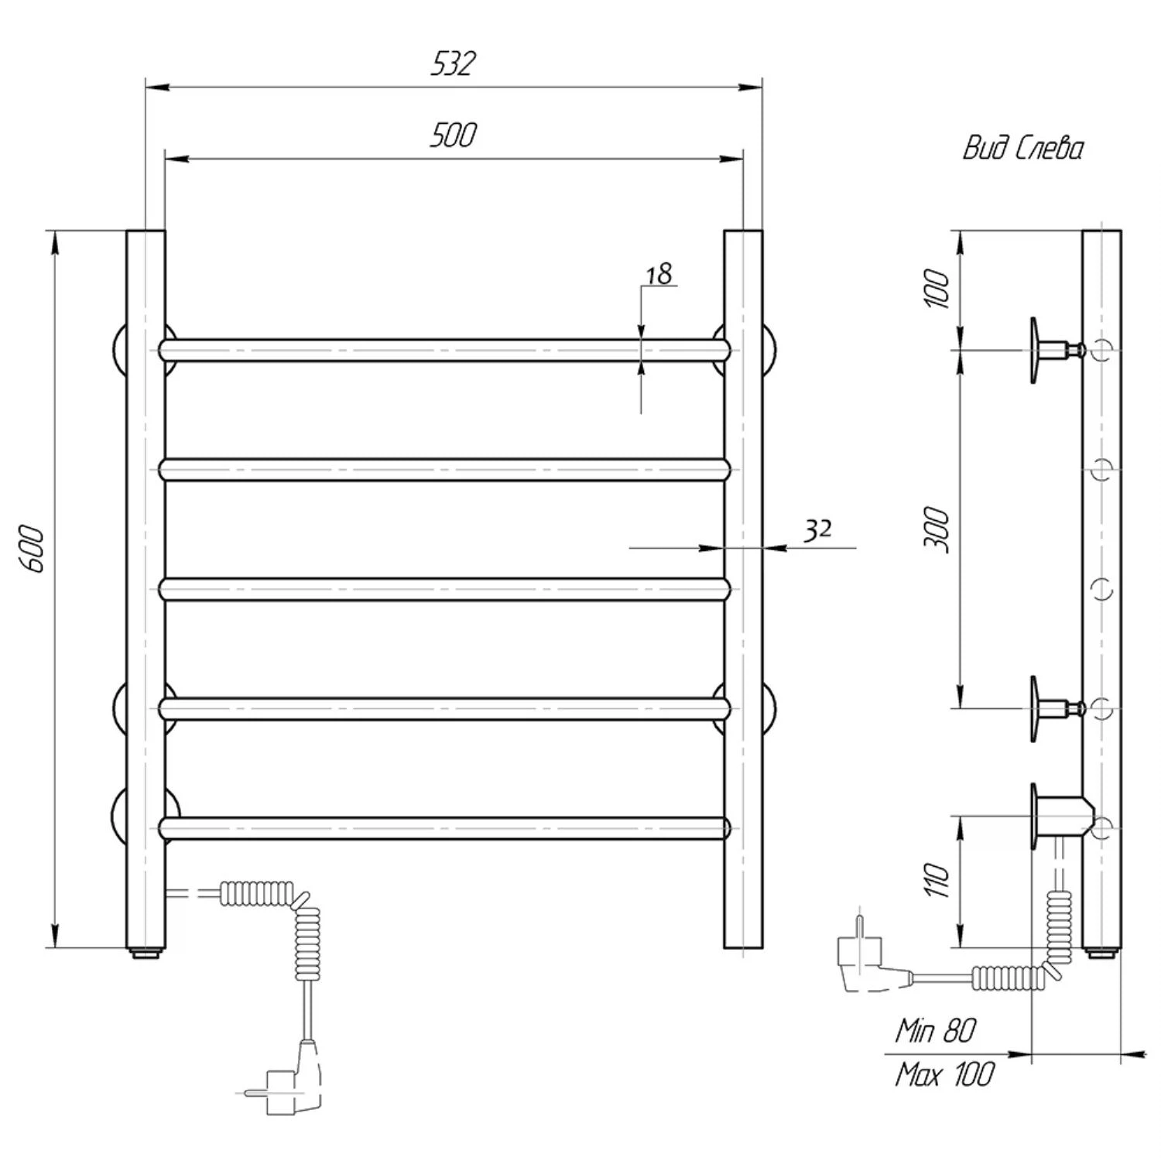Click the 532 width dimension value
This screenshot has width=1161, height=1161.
453,63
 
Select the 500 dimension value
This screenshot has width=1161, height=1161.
453,135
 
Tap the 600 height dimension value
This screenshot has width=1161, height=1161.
35,550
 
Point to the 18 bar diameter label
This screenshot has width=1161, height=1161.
659,274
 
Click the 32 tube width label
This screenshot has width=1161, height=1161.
817,530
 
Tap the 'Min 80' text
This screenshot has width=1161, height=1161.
936,1030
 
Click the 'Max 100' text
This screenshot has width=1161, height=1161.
944,1074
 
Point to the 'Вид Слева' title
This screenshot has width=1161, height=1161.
1022,148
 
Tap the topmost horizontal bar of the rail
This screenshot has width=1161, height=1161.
445,350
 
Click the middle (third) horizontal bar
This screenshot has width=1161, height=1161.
445,590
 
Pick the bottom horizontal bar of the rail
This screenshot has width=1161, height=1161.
445,828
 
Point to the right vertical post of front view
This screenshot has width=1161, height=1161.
743,588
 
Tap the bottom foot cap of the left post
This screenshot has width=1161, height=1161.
146,953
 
